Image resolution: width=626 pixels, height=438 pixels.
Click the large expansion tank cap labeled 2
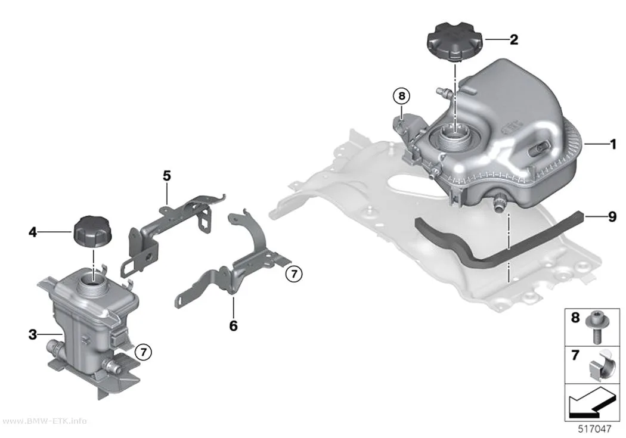tap(455, 42)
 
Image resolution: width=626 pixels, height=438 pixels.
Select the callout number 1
tap(613, 144)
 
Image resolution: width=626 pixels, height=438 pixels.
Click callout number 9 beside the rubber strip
tap(612, 217)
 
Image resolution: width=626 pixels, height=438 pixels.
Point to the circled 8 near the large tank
tap(402, 96)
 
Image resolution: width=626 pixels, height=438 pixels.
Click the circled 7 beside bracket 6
tap(295, 274)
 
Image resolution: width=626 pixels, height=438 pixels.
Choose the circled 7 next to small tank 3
tap(143, 352)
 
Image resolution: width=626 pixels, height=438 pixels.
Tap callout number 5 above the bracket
tap(167, 176)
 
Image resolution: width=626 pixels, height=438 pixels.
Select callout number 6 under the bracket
tap(234, 326)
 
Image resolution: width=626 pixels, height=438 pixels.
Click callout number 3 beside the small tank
tap(33, 334)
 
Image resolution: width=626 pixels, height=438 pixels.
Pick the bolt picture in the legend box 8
tap(596, 328)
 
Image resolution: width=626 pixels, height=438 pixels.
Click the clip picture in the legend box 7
tap(602, 365)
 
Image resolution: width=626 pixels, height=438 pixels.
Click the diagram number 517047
tap(595, 429)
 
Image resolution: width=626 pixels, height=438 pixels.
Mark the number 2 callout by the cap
tap(514, 39)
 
